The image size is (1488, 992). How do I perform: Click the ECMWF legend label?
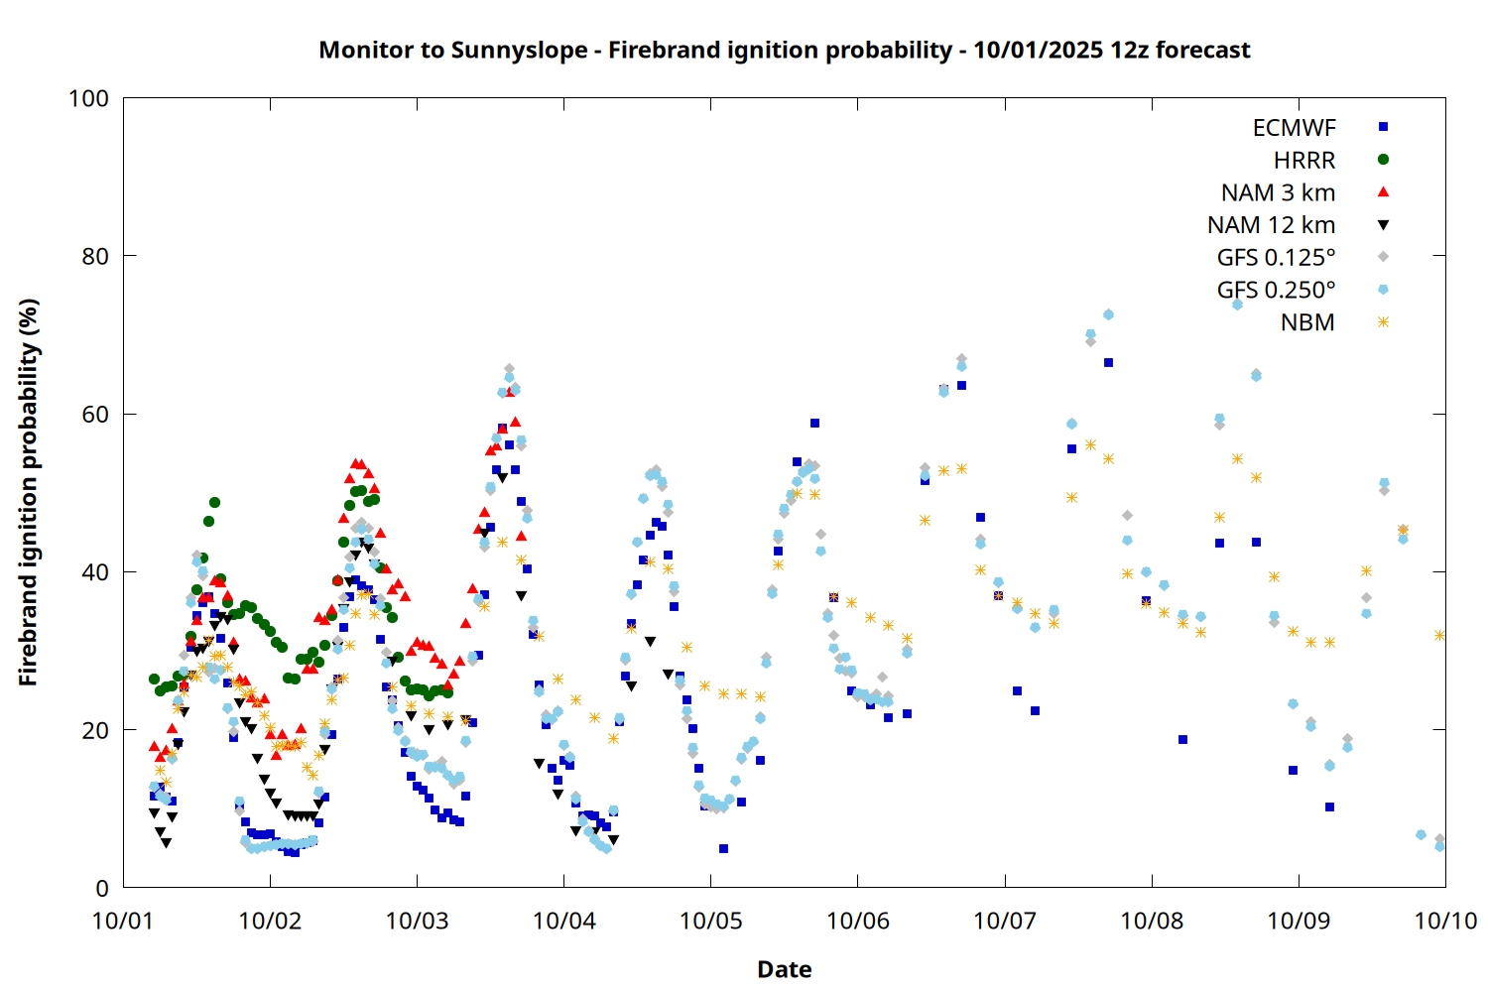tap(1294, 128)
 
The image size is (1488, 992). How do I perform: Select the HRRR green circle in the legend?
tap(1383, 160)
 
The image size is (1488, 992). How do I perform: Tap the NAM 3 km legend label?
tap(1278, 192)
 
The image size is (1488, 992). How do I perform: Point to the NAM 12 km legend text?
tap(1271, 225)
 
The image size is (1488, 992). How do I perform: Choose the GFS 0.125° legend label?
tap(1276, 258)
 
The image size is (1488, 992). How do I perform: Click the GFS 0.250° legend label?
tap(1276, 291)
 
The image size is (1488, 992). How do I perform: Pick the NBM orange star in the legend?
tap(1383, 322)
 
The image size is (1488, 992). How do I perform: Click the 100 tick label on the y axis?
tap(88, 98)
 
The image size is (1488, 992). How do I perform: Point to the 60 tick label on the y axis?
tap(95, 415)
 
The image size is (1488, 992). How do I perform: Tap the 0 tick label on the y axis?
tap(102, 889)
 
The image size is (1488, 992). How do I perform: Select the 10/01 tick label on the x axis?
tap(123, 921)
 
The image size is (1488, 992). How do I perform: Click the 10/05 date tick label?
tap(710, 921)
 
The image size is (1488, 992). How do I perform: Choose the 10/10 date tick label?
tap(1445, 921)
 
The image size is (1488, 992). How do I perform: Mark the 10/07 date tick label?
tap(1005, 921)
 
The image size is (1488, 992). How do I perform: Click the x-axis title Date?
tap(784, 969)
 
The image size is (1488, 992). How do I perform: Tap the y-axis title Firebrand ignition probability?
tap(29, 492)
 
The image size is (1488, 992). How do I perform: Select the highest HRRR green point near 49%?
tap(214, 503)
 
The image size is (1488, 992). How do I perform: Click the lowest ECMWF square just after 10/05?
tap(723, 849)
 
